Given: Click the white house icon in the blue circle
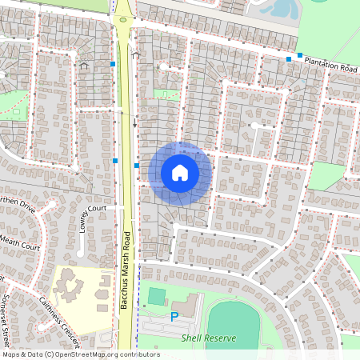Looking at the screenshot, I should (x=180, y=173).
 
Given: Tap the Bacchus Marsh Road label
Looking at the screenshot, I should (x=125, y=270).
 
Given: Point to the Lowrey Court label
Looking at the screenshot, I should (x=94, y=215).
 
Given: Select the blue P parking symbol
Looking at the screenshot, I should (x=174, y=318).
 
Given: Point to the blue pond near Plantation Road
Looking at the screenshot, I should (x=282, y=10).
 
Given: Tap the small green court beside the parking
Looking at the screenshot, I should (x=155, y=296).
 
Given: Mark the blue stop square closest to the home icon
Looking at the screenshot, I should (x=138, y=166).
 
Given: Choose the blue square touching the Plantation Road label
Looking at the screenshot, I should (x=300, y=55).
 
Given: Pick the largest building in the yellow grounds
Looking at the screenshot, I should (x=67, y=282).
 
